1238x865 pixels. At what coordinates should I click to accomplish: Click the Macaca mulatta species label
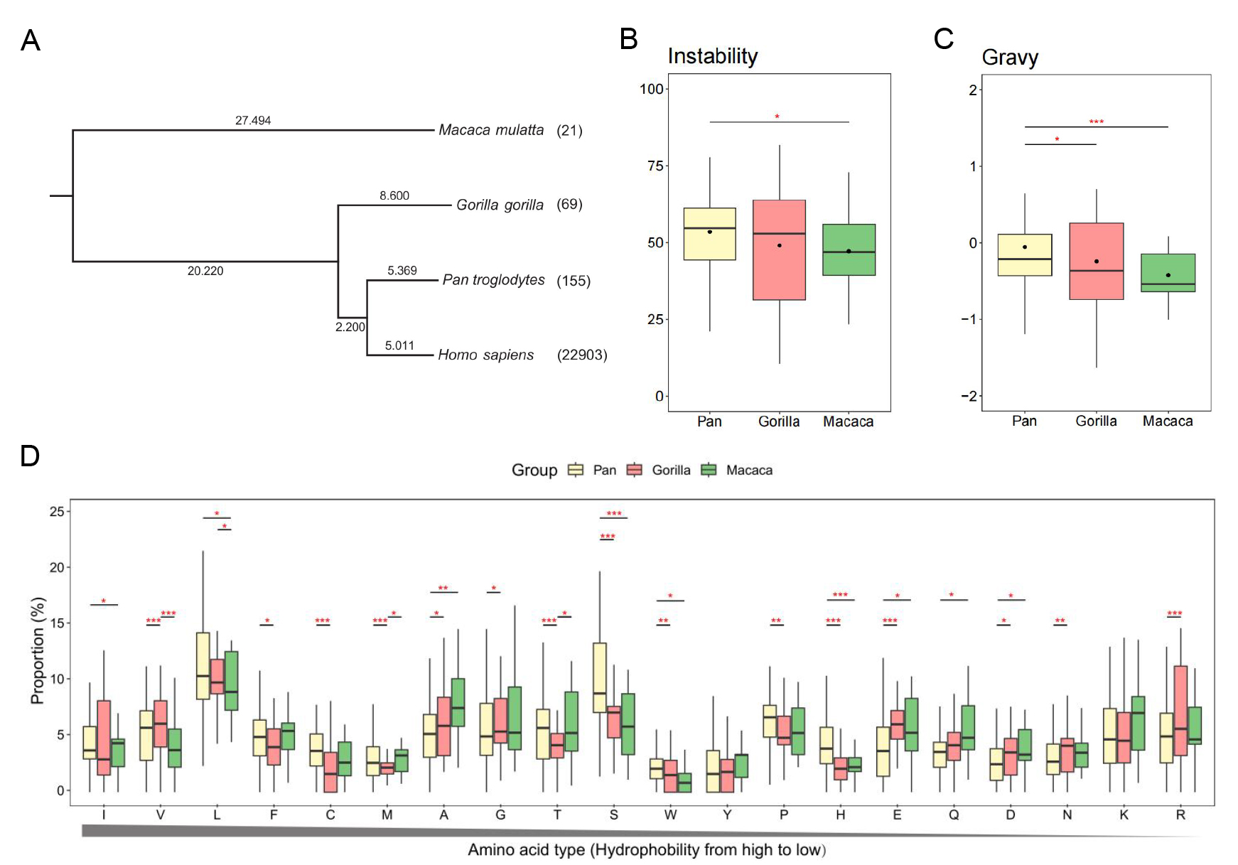[x=490, y=130]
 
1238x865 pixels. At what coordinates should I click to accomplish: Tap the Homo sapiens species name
[x=485, y=355]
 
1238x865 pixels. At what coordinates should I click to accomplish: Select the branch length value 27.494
[x=253, y=121]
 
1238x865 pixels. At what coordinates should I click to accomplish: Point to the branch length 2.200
[x=350, y=327]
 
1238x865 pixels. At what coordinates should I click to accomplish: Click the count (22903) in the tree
[x=582, y=355]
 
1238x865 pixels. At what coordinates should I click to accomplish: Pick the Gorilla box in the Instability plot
[x=779, y=250]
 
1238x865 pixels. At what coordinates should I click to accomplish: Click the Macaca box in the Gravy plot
[x=1168, y=273]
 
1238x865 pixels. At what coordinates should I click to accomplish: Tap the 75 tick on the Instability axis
[x=655, y=166]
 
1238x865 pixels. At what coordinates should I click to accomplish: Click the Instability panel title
[x=712, y=56]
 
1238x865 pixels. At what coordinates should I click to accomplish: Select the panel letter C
[x=943, y=39]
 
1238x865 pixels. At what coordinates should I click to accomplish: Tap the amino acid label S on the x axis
[x=614, y=815]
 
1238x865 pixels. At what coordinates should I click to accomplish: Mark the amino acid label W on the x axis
[x=670, y=815]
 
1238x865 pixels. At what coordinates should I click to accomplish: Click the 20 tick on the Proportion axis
[x=57, y=567]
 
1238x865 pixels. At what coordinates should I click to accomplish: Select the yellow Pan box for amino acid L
[x=203, y=666]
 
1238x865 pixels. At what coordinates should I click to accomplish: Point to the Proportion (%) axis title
[x=37, y=650]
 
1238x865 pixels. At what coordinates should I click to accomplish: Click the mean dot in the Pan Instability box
[x=709, y=232]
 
